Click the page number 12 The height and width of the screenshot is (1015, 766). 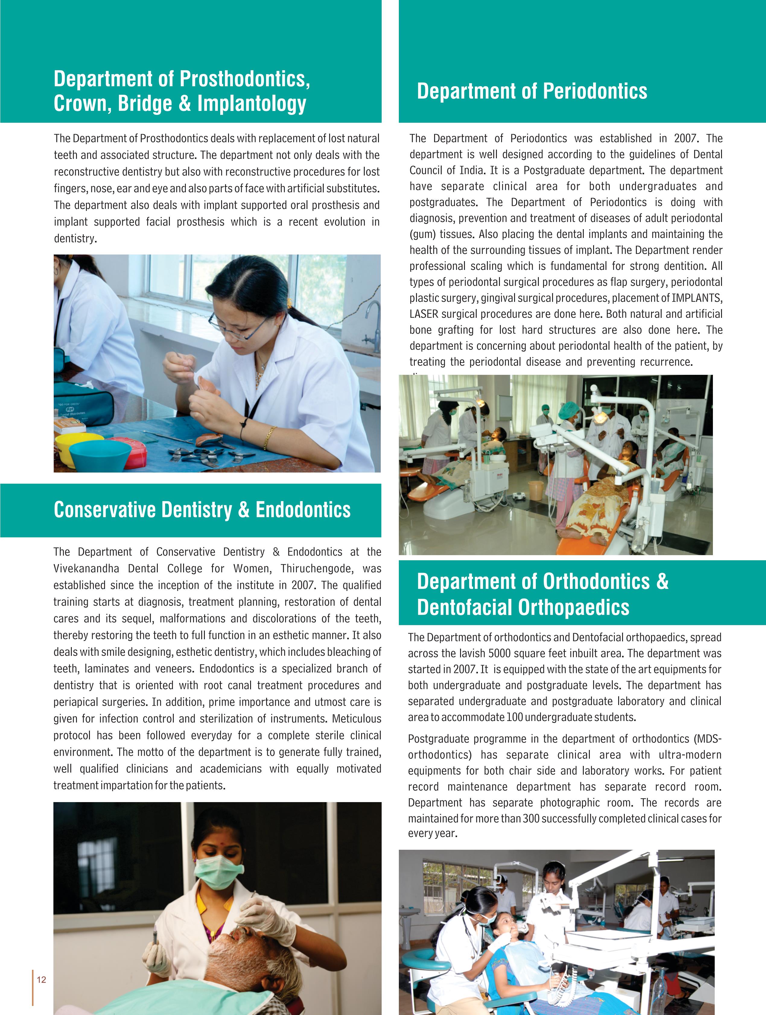coord(41,980)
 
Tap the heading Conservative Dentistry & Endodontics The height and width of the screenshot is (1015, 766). coord(202,510)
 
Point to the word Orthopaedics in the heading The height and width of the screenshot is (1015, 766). coord(574,608)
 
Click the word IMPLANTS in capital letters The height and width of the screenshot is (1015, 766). coord(697,298)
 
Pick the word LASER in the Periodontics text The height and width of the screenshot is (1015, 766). coord(423,314)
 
